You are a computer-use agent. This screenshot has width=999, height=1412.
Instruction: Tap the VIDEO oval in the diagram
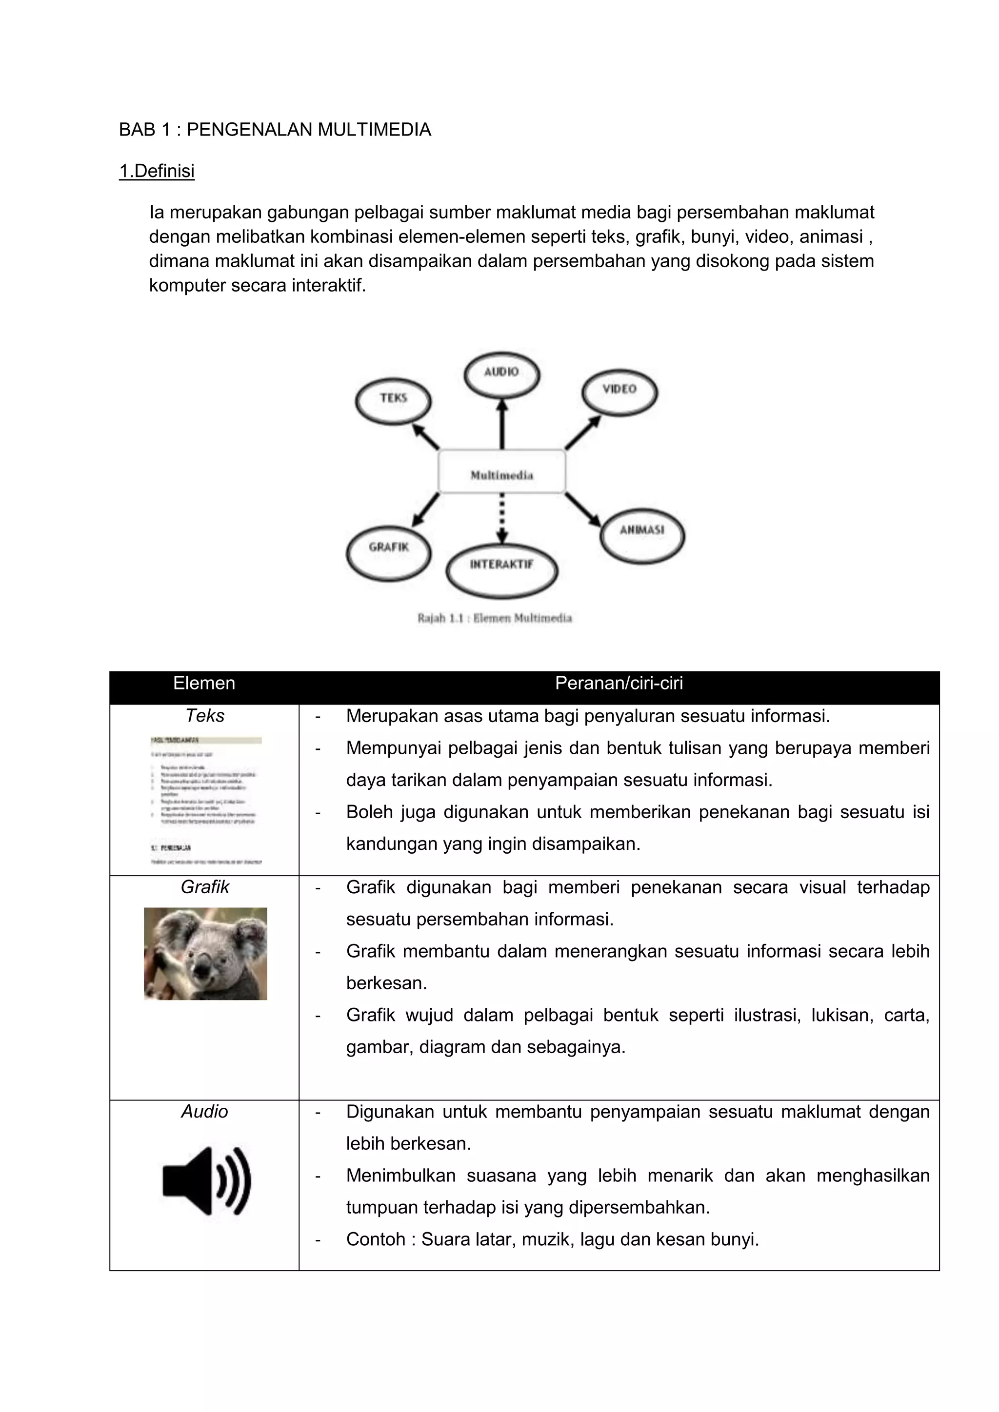tap(619, 391)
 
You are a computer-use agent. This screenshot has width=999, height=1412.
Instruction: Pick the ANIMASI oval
tap(641, 532)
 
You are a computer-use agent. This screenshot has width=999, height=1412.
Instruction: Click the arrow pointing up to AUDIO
tap(502, 424)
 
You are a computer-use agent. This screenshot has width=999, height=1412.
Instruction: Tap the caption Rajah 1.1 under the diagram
tap(495, 619)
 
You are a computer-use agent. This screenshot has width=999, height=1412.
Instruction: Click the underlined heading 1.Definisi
tap(157, 171)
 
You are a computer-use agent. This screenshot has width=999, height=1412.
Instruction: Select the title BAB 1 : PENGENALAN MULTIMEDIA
tap(275, 130)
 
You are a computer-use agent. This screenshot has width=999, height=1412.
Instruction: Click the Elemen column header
tap(204, 683)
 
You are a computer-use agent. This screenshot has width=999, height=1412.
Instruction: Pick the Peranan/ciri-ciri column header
tap(619, 683)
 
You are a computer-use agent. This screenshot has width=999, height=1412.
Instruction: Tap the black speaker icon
tap(206, 1181)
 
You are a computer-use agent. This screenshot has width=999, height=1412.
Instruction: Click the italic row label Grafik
tap(204, 887)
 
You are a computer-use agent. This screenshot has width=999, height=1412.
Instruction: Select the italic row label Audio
tap(204, 1111)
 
